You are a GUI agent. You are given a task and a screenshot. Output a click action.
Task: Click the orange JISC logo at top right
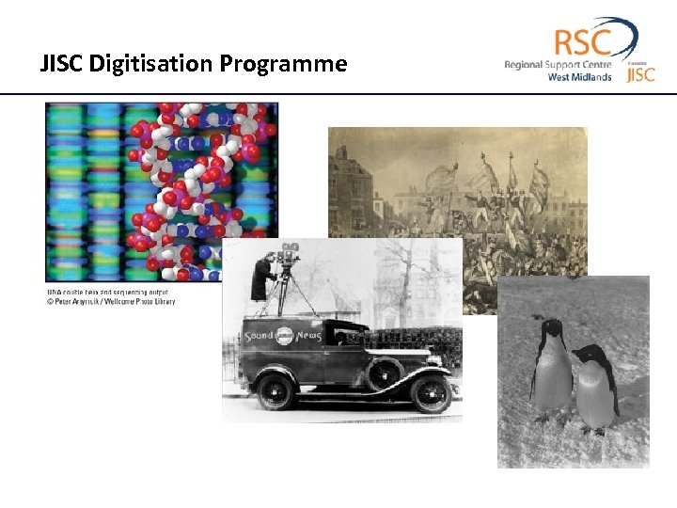coord(640,73)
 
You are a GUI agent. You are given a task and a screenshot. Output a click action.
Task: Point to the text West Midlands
coord(579,77)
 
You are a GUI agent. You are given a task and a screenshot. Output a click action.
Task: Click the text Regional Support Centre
coord(558,65)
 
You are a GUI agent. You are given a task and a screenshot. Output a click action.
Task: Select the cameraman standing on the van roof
coord(263,278)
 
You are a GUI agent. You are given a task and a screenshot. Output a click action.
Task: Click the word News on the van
coord(308,336)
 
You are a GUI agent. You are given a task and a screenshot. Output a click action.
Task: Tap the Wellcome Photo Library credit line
coord(111,301)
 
